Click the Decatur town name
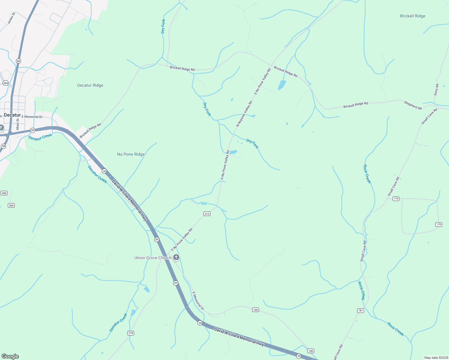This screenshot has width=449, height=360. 12,115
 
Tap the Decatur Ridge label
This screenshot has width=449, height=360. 90,85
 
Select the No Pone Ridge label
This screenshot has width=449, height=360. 131,154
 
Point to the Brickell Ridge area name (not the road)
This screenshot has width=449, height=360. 413,16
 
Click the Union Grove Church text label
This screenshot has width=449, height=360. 153,258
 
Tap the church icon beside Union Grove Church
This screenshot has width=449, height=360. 176,257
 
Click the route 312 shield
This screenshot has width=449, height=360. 207,214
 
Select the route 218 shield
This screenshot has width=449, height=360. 131,333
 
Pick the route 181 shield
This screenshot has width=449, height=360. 360,310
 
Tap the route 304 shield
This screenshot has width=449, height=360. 5,83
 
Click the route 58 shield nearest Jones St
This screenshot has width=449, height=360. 19,61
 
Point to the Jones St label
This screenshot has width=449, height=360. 11,18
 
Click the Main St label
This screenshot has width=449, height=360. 18,124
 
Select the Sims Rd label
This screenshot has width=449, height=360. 436,90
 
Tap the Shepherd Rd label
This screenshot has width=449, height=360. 413,105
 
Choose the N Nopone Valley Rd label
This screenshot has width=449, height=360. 244,114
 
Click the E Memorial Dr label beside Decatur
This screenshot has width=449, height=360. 32,117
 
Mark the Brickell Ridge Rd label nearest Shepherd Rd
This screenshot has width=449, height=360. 356,105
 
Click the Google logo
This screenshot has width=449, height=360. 10,356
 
